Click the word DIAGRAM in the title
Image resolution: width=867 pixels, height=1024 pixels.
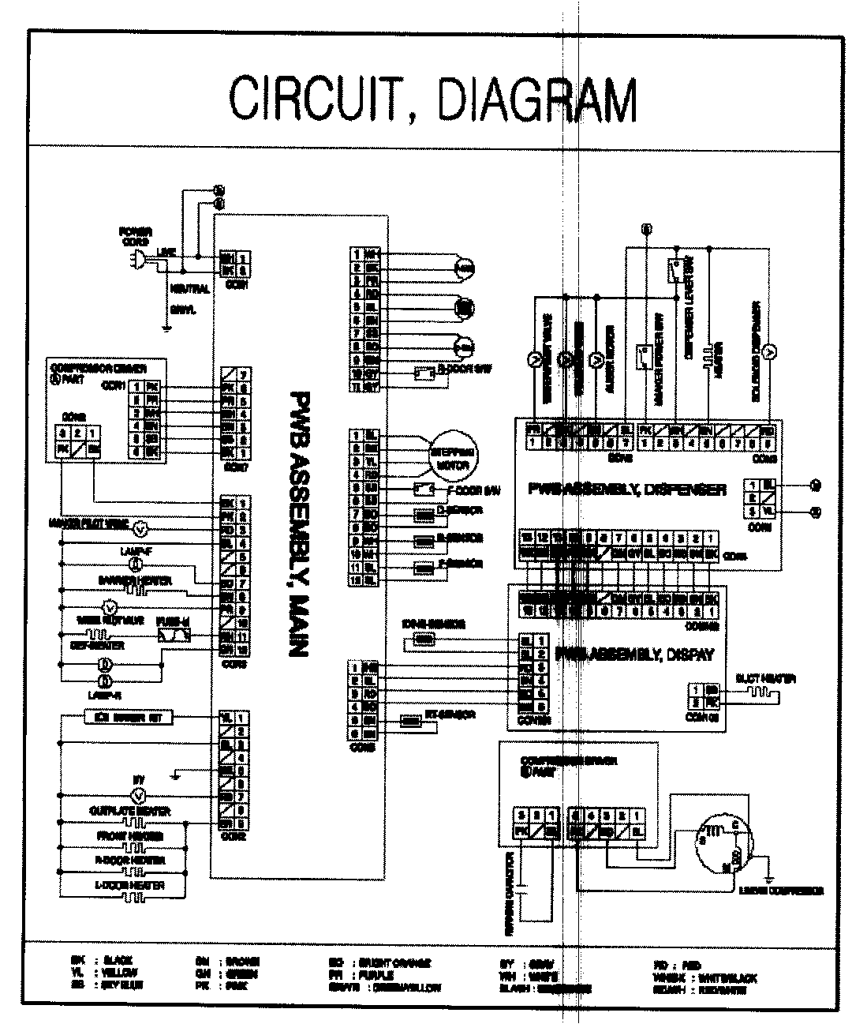click(536, 100)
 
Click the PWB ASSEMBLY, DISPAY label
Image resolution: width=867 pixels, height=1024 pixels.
click(634, 654)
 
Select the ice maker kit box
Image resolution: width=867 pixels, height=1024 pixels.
click(128, 718)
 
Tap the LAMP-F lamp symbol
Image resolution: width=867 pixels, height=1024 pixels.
click(134, 565)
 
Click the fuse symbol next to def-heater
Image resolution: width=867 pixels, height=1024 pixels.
click(174, 636)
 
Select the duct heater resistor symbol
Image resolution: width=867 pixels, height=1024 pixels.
click(757, 692)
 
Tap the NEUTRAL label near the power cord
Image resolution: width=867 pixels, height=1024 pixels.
click(189, 290)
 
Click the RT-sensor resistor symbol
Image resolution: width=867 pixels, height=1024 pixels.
click(411, 720)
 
